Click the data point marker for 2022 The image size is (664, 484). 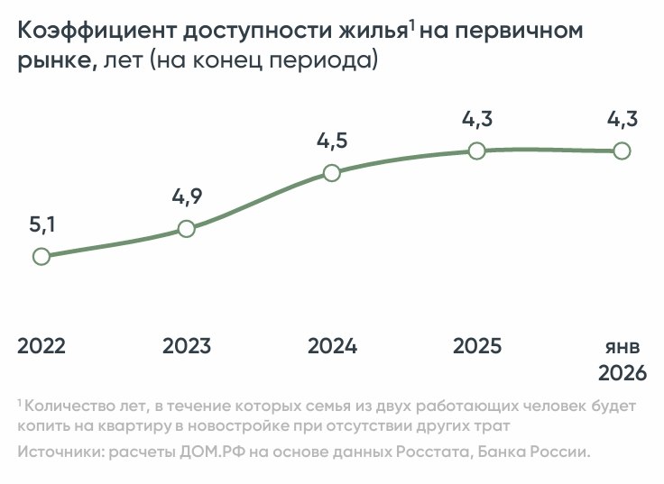pos(41,256)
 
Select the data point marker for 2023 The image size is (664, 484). pos(186,229)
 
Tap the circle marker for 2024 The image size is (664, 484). pos(331,172)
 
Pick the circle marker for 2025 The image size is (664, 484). pos(477,151)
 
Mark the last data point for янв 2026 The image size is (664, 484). pos(622,151)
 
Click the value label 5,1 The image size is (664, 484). pos(42,225)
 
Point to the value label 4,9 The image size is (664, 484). pos(186,197)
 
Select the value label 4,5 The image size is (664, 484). pos(332,142)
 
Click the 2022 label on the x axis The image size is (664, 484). pos(41,346)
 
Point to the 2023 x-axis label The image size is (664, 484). pos(187,346)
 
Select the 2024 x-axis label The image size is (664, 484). pos(332,346)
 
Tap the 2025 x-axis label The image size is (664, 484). pos(477,346)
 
